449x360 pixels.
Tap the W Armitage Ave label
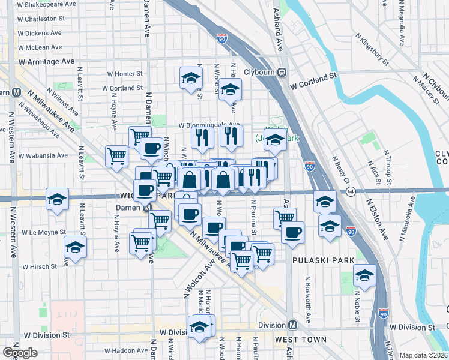(x=46, y=61)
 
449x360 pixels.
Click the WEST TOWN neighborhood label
(x=300, y=340)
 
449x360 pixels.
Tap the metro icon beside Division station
(x=292, y=325)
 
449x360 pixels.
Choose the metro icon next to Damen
(x=146, y=208)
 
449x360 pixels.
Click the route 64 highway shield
(x=351, y=191)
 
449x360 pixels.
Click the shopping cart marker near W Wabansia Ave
(x=116, y=155)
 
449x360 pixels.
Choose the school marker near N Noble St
(x=364, y=275)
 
